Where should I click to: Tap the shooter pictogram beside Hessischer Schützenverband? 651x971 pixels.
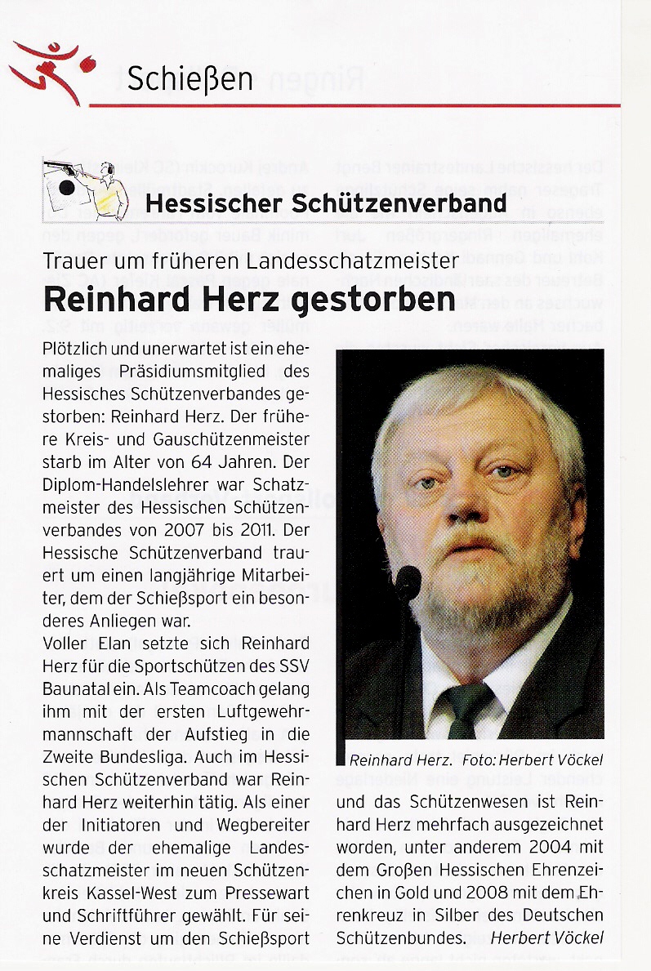86,189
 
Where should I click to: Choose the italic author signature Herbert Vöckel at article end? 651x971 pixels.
546,938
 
